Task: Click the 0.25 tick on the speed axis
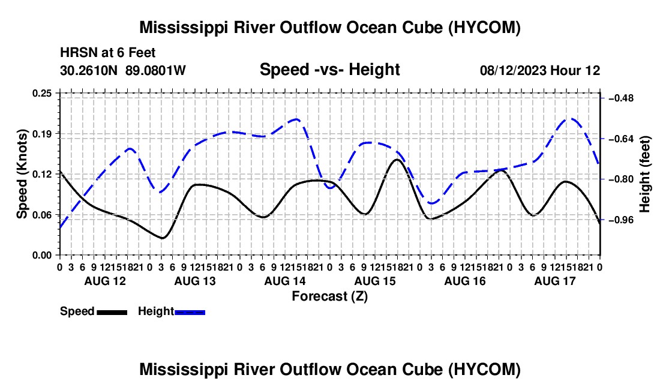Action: pyautogui.click(x=41, y=93)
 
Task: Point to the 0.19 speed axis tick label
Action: pyautogui.click(x=41, y=134)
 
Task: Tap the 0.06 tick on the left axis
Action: pyautogui.click(x=41, y=215)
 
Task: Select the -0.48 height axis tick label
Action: pyautogui.click(x=621, y=98)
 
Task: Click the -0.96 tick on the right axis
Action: pyautogui.click(x=621, y=220)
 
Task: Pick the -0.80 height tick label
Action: pyautogui.click(x=621, y=179)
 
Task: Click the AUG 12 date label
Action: pyautogui.click(x=105, y=281)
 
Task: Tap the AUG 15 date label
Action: pyautogui.click(x=375, y=281)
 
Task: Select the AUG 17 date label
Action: pyautogui.click(x=555, y=281)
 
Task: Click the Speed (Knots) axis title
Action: pyautogui.click(x=22, y=174)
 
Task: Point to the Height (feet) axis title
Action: pyautogui.click(x=644, y=174)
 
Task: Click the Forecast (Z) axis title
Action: pyautogui.click(x=329, y=296)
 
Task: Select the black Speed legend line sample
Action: pyautogui.click(x=112, y=312)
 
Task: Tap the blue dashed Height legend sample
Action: pyautogui.click(x=190, y=312)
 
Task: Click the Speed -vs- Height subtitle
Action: pyautogui.click(x=329, y=70)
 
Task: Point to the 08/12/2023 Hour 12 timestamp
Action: pyautogui.click(x=540, y=70)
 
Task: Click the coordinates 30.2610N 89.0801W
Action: pyautogui.click(x=122, y=70)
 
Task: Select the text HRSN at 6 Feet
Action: pyautogui.click(x=108, y=53)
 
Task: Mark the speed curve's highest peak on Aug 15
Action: pyautogui.click(x=397, y=160)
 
